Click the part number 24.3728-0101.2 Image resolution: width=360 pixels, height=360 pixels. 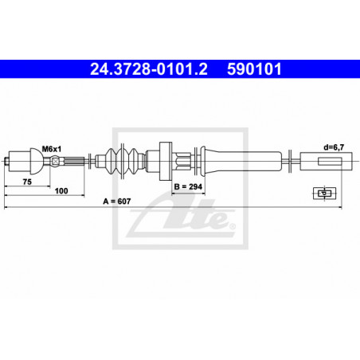pyautogui.click(x=149, y=69)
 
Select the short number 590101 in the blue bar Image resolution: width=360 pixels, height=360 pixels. pyautogui.click(x=254, y=69)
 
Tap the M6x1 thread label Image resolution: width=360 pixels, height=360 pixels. pyautogui.click(x=52, y=149)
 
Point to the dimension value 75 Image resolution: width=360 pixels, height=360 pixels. pyautogui.click(x=27, y=182)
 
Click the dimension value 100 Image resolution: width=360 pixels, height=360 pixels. pyautogui.click(x=61, y=191)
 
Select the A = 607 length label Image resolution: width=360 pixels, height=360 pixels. pyautogui.click(x=117, y=202)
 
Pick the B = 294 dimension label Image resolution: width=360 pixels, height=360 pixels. pyautogui.click(x=188, y=187)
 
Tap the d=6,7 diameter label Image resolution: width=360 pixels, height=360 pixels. pyautogui.click(x=334, y=147)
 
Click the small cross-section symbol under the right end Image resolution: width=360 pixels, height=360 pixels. pyautogui.click(x=324, y=193)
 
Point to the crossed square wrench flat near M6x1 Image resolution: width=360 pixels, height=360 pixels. pyautogui.click(x=55, y=161)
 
